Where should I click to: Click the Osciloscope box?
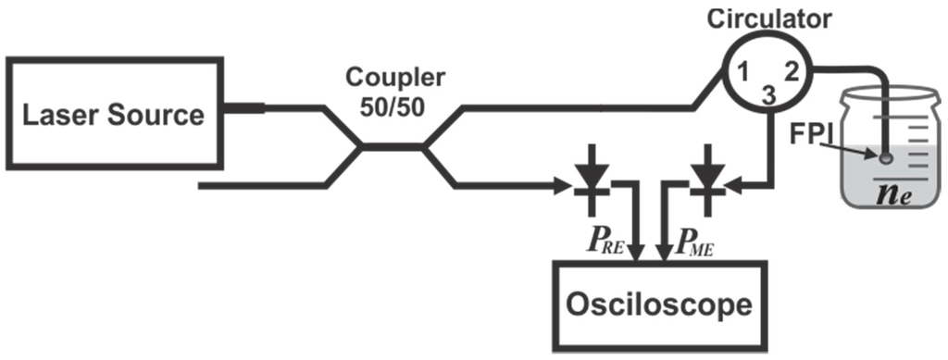point(660,304)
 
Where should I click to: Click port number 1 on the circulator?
point(742,71)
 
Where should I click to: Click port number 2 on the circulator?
point(790,70)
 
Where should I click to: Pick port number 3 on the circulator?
point(767,94)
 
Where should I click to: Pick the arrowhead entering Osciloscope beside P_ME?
point(665,251)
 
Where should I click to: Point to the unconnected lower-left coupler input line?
point(259,186)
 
